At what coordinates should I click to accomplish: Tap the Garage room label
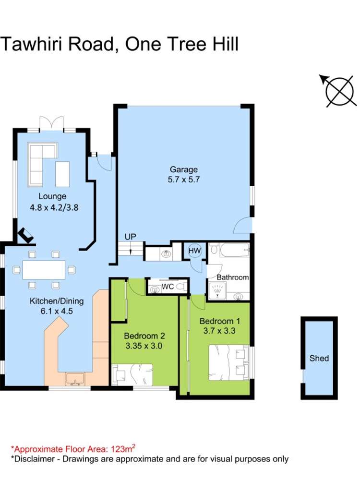(x=183, y=169)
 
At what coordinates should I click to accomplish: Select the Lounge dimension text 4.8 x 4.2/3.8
(x=53, y=208)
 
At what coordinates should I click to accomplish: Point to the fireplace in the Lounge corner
(x=25, y=235)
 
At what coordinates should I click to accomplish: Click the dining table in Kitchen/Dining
(x=44, y=270)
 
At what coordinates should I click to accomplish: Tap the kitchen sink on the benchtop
(x=75, y=379)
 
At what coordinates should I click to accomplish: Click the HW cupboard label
(x=194, y=251)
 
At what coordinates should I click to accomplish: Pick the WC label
(x=167, y=287)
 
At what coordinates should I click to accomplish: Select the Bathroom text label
(x=232, y=277)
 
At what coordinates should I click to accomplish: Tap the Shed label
(x=319, y=358)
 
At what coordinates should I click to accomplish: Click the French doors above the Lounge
(x=51, y=123)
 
